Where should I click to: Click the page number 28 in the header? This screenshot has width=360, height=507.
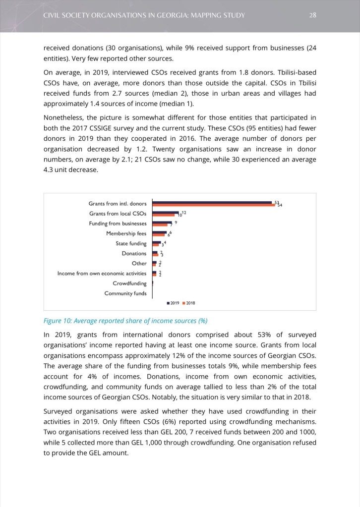(312, 15)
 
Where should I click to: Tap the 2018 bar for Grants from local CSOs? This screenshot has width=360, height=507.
(165, 215)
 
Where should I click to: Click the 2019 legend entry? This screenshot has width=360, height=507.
(174, 303)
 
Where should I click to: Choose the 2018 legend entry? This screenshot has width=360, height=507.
(189, 303)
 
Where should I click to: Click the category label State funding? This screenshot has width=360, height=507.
(131, 243)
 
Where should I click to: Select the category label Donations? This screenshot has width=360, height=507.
(134, 253)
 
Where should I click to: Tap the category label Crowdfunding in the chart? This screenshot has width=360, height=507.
(129, 283)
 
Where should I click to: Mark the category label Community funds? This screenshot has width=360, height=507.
(125, 293)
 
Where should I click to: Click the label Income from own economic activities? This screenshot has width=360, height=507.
(102, 274)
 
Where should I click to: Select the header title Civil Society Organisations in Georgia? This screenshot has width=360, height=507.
(144, 15)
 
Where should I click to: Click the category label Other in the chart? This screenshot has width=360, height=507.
(139, 263)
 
